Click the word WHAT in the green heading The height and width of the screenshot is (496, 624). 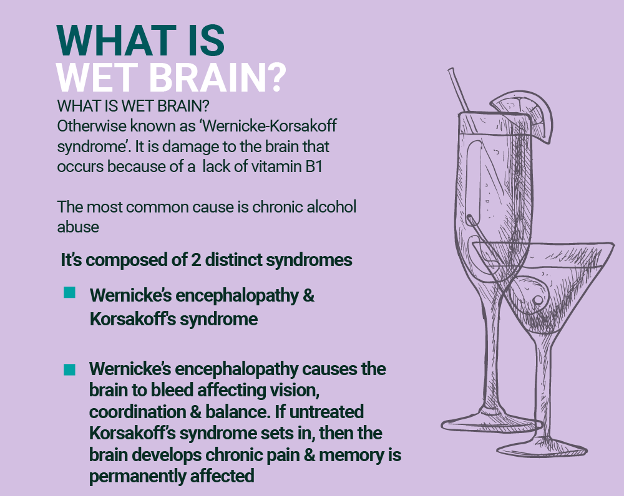tap(116, 41)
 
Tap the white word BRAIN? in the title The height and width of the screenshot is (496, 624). tap(218, 77)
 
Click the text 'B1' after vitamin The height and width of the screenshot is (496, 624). tap(314, 166)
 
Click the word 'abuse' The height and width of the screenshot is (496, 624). tap(78, 227)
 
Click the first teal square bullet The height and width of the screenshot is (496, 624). tap(70, 292)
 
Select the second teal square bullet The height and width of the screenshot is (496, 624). tap(70, 370)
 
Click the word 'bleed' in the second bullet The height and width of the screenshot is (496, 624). tap(172, 390)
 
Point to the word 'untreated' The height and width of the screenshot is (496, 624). tap(326, 412)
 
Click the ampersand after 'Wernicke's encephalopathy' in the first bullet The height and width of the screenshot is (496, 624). tap(308, 296)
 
